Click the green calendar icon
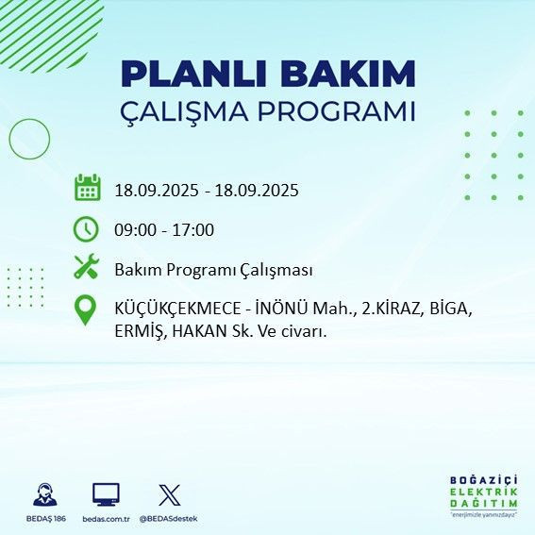click(87, 188)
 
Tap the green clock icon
click(87, 228)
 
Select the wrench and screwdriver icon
click(87, 268)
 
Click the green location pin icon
click(86, 310)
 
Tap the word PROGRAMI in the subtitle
click(339, 112)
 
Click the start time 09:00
click(133, 230)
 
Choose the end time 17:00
click(194, 230)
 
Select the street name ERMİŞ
click(140, 332)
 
